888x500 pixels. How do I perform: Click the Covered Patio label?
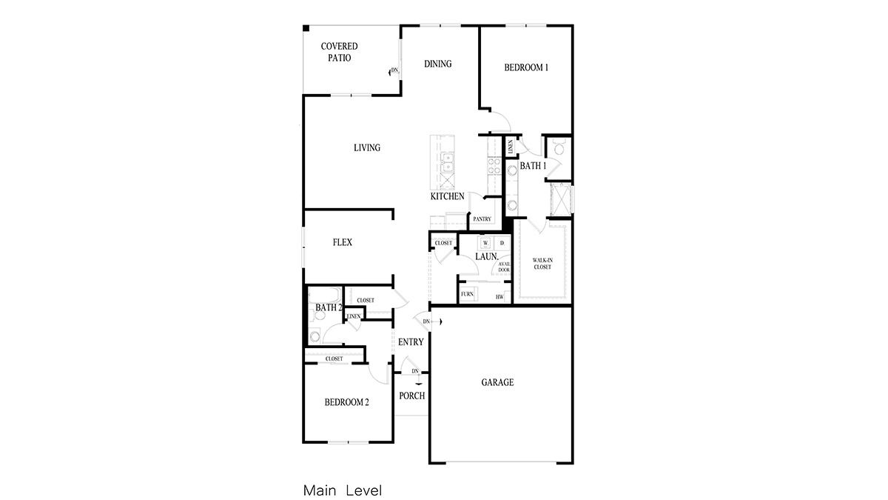pyautogui.click(x=339, y=52)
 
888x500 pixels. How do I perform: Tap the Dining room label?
pyautogui.click(x=437, y=64)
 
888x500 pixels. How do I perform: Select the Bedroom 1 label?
pyautogui.click(x=526, y=67)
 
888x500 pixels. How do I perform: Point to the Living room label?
pyautogui.click(x=367, y=148)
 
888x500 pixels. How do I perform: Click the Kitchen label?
pyautogui.click(x=448, y=196)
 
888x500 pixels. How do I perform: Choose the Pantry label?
pyautogui.click(x=482, y=219)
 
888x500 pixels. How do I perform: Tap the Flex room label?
pyautogui.click(x=342, y=242)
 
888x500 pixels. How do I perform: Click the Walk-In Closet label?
pyautogui.click(x=542, y=263)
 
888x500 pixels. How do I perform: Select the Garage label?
pyautogui.click(x=497, y=383)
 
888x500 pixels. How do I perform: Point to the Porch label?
pyautogui.click(x=411, y=396)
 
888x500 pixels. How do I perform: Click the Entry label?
pyautogui.click(x=411, y=342)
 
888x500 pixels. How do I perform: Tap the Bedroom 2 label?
pyautogui.click(x=347, y=403)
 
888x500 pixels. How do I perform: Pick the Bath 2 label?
pyautogui.click(x=329, y=307)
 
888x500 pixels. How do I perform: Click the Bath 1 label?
pyautogui.click(x=533, y=166)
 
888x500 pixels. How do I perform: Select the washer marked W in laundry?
pyautogui.click(x=486, y=243)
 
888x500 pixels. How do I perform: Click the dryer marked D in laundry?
pyautogui.click(x=502, y=243)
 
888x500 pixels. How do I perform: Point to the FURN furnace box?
pyautogui.click(x=467, y=295)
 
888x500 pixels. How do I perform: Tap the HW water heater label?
pyautogui.click(x=499, y=297)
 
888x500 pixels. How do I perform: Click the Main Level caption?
pyautogui.click(x=342, y=490)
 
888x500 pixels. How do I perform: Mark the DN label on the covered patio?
pyautogui.click(x=394, y=70)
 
